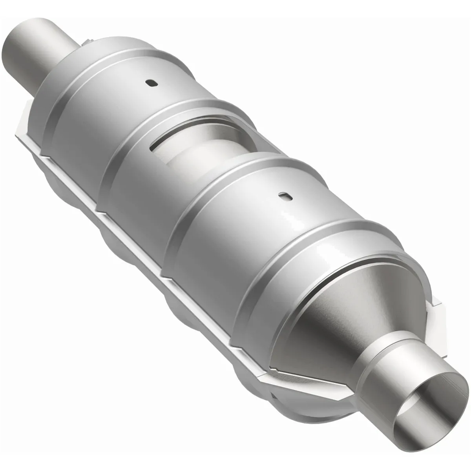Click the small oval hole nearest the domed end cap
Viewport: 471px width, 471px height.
point(150,83)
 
